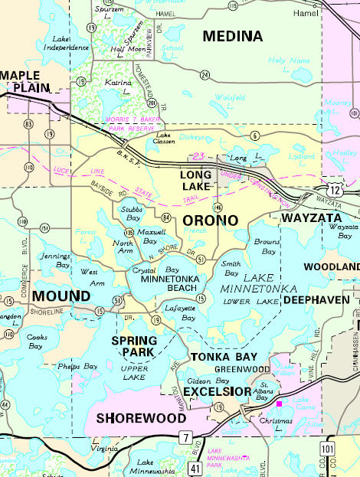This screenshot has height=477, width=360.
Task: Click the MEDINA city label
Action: (x=232, y=36)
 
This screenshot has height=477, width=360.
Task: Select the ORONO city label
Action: (x=210, y=220)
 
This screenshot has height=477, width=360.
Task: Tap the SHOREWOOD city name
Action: (x=141, y=419)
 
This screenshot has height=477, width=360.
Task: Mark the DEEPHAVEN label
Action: (x=316, y=300)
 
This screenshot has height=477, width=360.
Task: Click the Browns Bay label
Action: (x=265, y=246)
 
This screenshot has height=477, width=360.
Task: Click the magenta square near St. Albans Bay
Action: (x=280, y=403)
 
